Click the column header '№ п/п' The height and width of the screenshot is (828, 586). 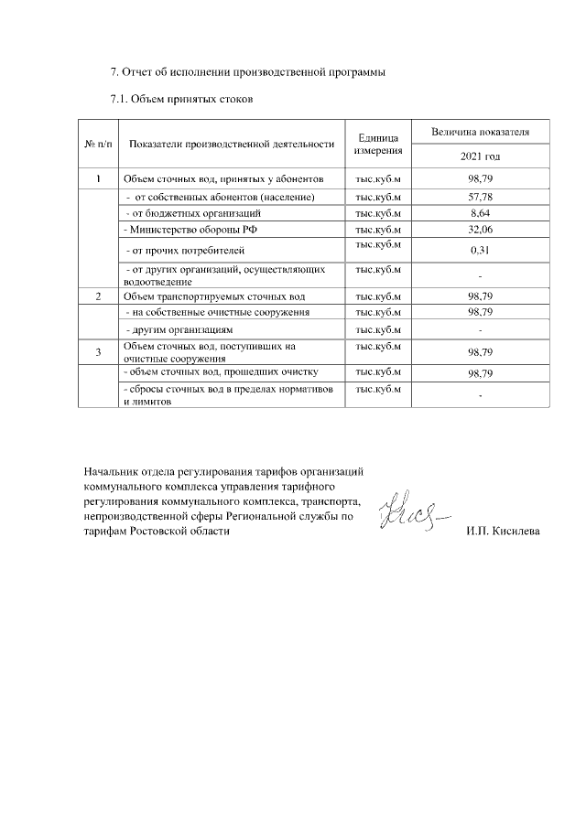(x=98, y=145)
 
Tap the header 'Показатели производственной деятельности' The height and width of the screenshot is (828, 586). (x=232, y=145)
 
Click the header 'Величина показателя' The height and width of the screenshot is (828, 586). (x=481, y=133)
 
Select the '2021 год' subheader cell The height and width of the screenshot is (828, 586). (x=481, y=157)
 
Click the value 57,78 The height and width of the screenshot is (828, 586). (x=481, y=197)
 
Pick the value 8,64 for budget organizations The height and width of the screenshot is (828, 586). (x=481, y=212)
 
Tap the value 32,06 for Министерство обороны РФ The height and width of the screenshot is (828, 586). (x=481, y=229)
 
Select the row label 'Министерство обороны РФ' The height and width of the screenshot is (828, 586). (x=188, y=229)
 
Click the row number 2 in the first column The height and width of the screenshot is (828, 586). (x=98, y=296)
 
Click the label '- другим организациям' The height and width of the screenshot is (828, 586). (x=179, y=328)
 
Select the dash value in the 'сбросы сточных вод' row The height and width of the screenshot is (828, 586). (x=481, y=395)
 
